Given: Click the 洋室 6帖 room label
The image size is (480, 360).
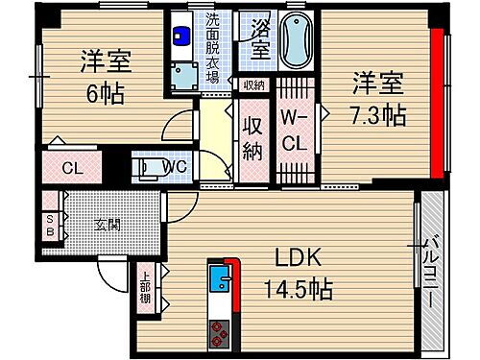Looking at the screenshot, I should (x=106, y=74).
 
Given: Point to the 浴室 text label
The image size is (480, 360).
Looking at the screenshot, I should (x=260, y=39).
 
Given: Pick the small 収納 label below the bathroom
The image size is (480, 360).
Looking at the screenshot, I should (x=252, y=84).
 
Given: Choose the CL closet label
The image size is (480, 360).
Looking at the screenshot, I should (x=70, y=169).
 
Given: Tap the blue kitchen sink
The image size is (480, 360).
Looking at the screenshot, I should (x=218, y=280).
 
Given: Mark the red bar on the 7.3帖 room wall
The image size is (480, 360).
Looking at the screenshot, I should (x=437, y=105).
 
